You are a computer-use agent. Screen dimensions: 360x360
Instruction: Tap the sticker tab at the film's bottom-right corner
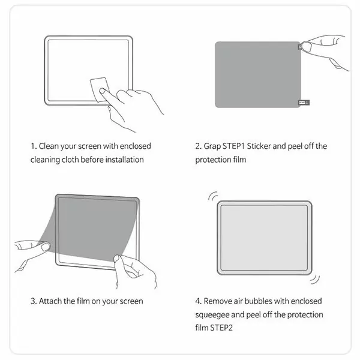tap(304, 103)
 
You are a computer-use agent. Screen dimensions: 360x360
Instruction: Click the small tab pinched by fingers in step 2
tap(299, 47)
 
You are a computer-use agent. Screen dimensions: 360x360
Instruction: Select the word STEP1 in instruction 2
tap(233, 146)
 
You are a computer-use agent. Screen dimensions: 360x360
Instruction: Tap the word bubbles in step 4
tap(258, 301)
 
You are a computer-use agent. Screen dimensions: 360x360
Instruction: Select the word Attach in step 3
tap(50, 301)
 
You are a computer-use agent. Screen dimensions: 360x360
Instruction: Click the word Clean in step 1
tap(49, 146)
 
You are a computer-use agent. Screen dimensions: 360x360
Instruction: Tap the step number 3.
tap(34, 301)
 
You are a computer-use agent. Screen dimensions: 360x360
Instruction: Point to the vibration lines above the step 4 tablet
tap(213, 196)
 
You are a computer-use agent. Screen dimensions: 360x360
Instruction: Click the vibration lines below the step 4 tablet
tap(315, 279)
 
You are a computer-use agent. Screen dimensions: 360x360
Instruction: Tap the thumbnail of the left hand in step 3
tap(45, 247)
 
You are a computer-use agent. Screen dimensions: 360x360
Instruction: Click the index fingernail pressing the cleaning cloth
tap(102, 91)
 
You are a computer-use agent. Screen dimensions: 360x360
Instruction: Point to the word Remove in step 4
tap(218, 301)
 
